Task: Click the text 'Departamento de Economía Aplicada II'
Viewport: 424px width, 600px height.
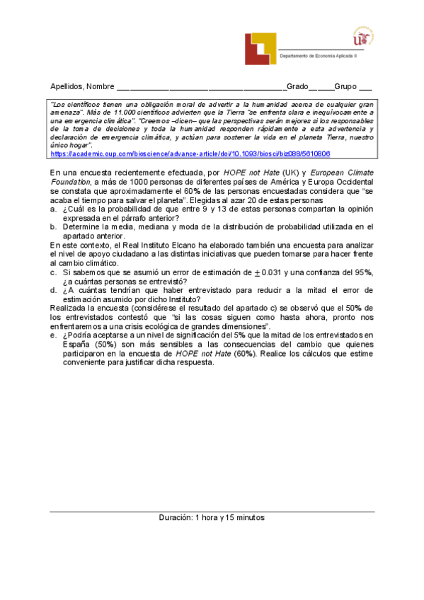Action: (319, 55)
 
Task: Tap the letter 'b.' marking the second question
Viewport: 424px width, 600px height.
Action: (54, 227)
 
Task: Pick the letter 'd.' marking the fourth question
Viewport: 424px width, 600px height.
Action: (54, 289)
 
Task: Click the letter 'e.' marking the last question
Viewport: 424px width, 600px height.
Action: (54, 335)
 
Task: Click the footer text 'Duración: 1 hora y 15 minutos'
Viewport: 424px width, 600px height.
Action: (212, 518)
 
